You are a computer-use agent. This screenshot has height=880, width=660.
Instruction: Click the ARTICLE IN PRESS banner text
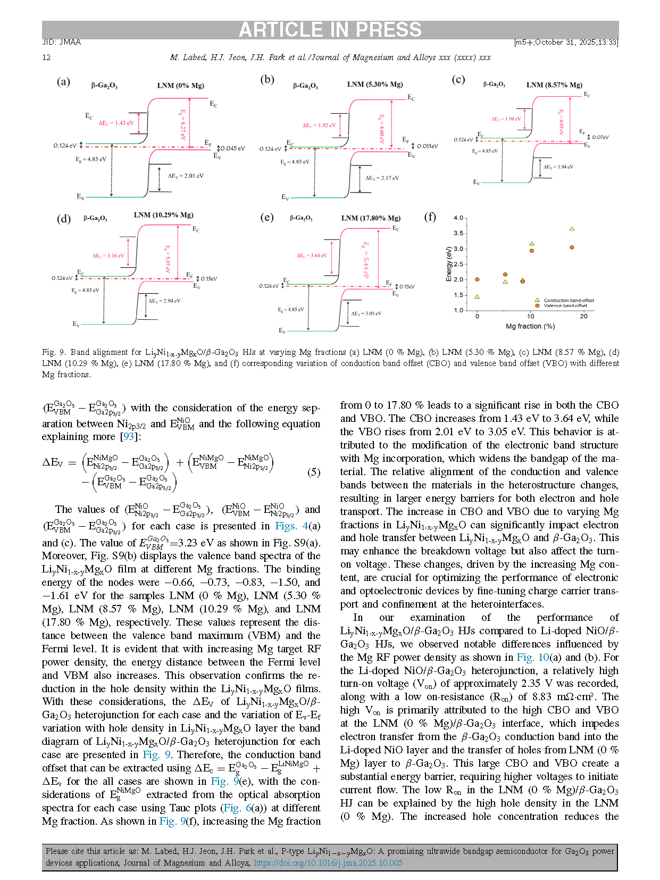(330, 30)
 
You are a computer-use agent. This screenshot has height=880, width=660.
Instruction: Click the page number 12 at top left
(46, 57)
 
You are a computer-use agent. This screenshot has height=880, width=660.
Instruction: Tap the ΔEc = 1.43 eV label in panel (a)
(116, 123)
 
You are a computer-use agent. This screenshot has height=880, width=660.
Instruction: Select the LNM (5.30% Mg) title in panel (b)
(375, 85)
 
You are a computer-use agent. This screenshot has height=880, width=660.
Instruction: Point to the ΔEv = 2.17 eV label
(382, 178)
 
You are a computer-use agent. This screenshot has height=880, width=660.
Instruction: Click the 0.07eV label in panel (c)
(600, 137)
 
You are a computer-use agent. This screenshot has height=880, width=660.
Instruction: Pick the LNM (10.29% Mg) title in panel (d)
(163, 215)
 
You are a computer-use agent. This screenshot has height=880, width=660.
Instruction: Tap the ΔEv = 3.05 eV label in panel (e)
(366, 313)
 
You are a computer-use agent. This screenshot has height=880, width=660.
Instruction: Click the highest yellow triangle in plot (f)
(572, 229)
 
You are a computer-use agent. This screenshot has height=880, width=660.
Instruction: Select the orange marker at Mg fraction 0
(477, 279)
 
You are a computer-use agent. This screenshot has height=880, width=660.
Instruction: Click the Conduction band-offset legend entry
(569, 300)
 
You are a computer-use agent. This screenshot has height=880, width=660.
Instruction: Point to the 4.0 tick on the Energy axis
(458, 218)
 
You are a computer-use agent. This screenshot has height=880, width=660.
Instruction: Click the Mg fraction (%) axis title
(530, 326)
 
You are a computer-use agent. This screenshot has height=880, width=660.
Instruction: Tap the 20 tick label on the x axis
(584, 317)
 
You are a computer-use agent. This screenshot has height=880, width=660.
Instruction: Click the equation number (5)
(314, 472)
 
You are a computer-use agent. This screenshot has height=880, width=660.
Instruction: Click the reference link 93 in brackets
(129, 437)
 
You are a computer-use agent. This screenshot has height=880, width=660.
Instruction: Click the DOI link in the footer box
(328, 863)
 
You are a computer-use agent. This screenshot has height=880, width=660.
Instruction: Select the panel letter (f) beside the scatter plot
(430, 217)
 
